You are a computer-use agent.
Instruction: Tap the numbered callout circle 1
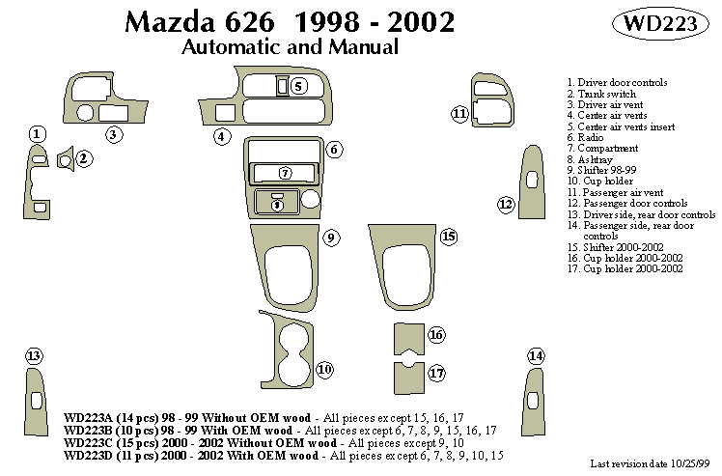[x=37, y=134]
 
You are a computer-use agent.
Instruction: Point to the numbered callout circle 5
[x=299, y=87]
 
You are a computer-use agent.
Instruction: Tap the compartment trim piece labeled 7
[x=284, y=173]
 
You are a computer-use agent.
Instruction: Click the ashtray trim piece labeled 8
[x=277, y=204]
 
